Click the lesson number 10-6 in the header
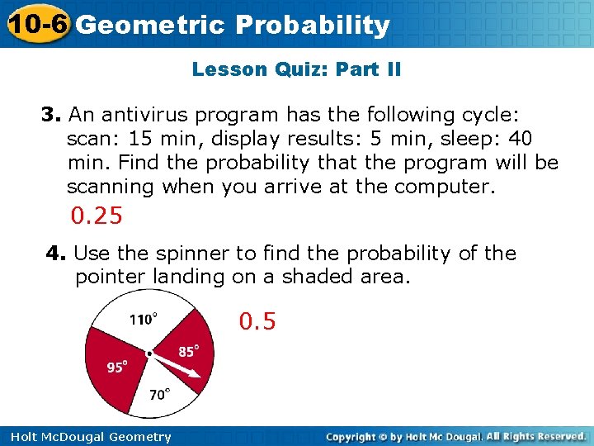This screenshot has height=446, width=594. [35, 25]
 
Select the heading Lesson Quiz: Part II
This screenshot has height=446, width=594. [296, 69]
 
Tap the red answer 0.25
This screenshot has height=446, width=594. [97, 216]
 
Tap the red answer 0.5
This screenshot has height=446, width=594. [257, 320]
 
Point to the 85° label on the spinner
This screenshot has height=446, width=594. [189, 351]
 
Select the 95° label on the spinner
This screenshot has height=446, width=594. [116, 367]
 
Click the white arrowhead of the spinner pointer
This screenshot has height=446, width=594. [195, 374]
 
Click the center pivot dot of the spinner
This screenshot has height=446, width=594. [149, 353]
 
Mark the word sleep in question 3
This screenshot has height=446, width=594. [478, 138]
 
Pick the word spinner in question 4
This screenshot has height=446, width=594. [203, 254]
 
